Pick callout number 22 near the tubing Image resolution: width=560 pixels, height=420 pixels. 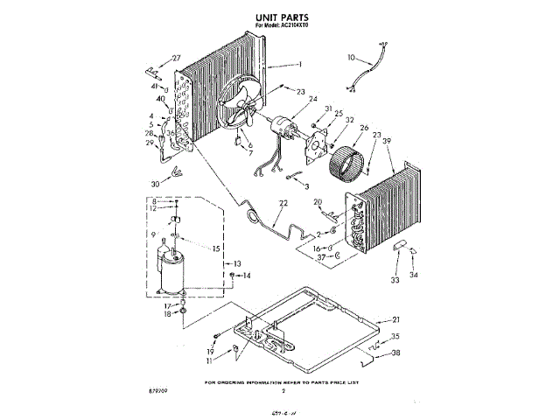283,204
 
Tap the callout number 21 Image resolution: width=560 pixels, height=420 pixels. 395,319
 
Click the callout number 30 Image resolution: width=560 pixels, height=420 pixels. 156,185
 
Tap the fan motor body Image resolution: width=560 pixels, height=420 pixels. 282,129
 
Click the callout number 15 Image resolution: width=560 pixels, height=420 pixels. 216,248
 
